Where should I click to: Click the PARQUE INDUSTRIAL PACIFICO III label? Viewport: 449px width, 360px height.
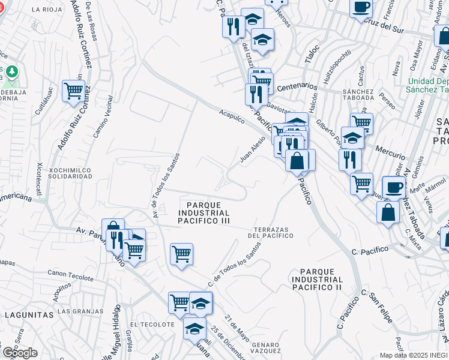(x=203, y=213)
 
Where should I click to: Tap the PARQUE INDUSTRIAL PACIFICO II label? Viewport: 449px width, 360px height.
(x=317, y=280)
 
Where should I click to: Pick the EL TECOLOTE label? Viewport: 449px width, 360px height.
(x=148, y=325)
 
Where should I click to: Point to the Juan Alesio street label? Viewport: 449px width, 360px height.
(x=252, y=149)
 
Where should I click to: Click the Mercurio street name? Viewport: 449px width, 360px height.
(x=390, y=147)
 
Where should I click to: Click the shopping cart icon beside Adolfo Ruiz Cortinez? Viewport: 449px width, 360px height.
(x=73, y=91)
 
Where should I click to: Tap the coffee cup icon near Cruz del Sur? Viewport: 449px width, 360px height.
(x=361, y=8)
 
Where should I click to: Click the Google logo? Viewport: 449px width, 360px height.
(x=20, y=353)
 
